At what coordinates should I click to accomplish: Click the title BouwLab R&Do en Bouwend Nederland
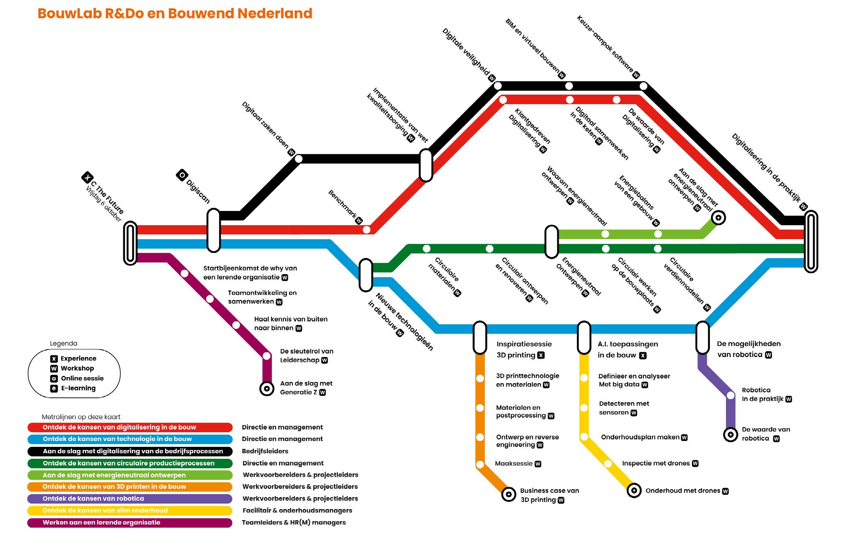(175, 13)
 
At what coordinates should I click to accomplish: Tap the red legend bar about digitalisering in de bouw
(130, 427)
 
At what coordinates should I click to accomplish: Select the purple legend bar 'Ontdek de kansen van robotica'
(130, 499)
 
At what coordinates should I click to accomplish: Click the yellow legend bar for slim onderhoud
(130, 511)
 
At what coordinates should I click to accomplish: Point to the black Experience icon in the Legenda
(54, 359)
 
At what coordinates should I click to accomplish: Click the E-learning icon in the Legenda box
(54, 388)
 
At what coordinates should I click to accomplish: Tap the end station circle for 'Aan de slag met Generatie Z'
(267, 389)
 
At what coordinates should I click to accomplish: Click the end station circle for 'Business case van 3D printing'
(509, 494)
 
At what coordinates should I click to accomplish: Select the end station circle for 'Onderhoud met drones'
(634, 491)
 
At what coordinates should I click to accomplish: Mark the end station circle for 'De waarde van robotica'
(730, 435)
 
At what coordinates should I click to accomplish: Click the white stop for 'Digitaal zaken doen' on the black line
(299, 159)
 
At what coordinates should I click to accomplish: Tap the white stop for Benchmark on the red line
(366, 230)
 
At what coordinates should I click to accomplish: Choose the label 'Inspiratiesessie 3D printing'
(524, 350)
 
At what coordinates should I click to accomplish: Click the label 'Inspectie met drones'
(656, 464)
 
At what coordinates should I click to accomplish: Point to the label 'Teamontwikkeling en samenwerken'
(262, 297)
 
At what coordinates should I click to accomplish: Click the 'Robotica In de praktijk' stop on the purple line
(731, 395)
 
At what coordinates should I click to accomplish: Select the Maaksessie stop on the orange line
(480, 464)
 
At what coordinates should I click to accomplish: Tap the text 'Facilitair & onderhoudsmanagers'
(297, 511)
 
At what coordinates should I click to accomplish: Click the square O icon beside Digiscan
(182, 175)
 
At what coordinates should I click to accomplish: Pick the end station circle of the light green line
(718, 217)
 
